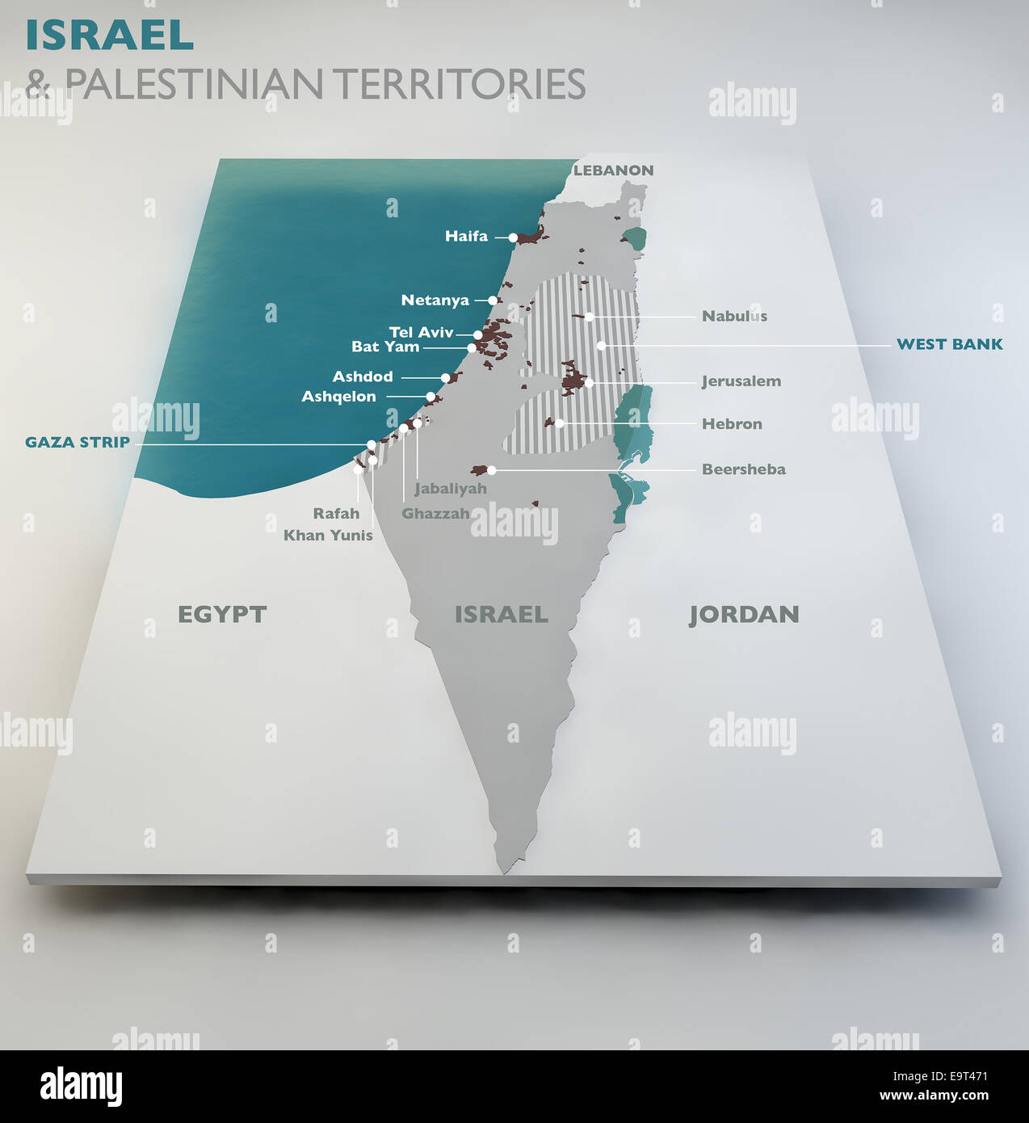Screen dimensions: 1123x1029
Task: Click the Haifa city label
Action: point(466,236)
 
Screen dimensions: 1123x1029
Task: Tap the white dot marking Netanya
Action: point(492,301)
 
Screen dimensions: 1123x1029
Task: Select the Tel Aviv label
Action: point(421,332)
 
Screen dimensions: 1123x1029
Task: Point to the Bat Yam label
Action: point(385,347)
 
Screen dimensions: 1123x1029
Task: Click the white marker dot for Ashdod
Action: point(445,377)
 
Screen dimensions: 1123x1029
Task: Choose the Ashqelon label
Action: point(338,397)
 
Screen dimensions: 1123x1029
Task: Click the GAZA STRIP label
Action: point(78,442)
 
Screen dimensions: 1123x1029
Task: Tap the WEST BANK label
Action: point(949,344)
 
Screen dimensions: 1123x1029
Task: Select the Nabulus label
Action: point(734,316)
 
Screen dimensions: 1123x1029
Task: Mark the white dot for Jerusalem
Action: point(590,382)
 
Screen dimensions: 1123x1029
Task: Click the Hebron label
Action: point(732,423)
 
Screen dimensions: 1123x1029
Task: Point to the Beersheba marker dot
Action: point(491,470)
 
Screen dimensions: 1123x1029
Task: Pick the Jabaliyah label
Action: point(451,489)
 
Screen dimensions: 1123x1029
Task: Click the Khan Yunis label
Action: point(328,535)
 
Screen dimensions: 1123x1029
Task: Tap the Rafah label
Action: point(336,513)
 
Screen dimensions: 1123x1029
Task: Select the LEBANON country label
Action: point(613,170)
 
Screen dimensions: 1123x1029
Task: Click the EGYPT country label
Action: point(221,614)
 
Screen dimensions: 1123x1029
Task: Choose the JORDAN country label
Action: point(744,615)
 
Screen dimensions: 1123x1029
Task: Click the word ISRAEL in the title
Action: point(110,35)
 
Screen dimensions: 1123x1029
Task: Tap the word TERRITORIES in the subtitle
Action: point(459,84)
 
